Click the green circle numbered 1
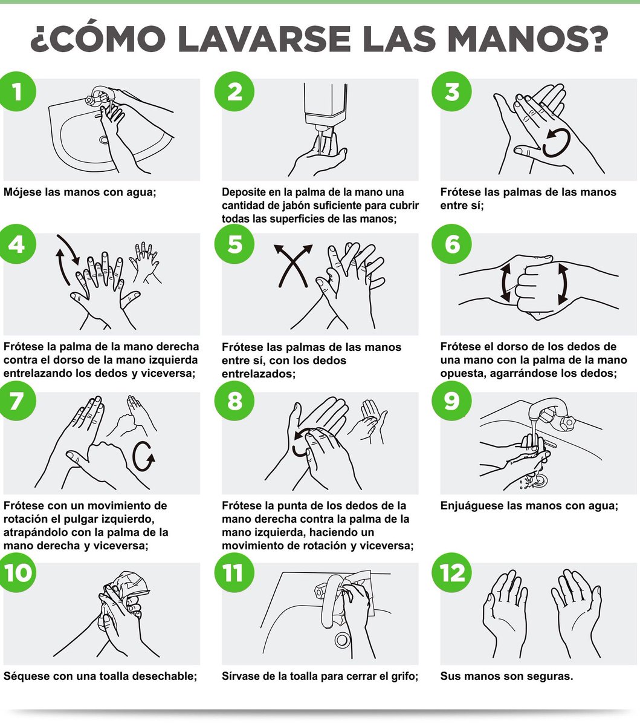(x=16, y=91)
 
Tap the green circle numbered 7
(x=16, y=401)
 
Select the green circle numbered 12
(x=451, y=572)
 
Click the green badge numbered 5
(x=234, y=244)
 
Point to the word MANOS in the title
(x=528, y=38)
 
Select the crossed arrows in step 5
(x=293, y=266)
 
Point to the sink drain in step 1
(x=104, y=140)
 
